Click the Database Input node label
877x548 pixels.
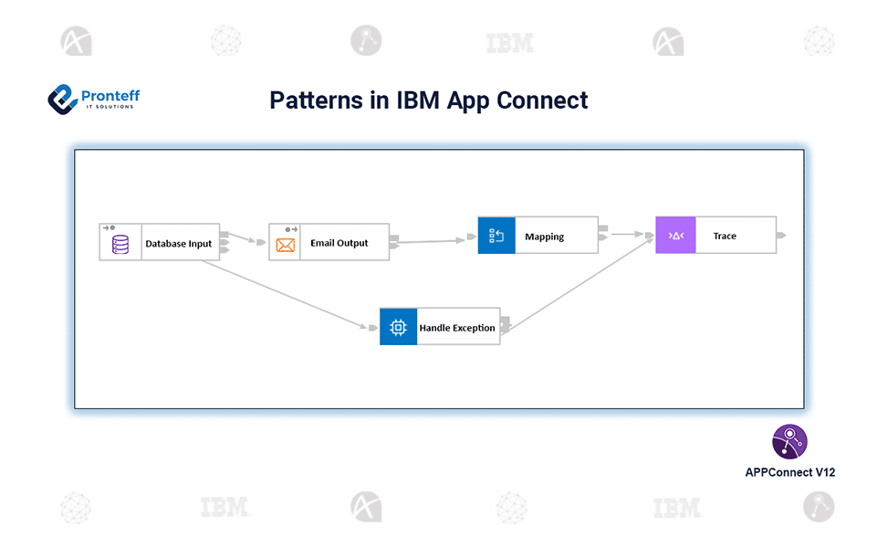point(179,244)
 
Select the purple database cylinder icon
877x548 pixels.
point(120,244)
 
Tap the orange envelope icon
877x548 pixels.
point(286,245)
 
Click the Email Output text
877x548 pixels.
point(339,243)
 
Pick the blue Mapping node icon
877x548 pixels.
point(496,236)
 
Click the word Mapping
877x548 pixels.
point(545,237)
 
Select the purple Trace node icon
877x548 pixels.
point(675,236)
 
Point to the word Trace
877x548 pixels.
point(725,236)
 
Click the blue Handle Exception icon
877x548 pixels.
point(398,327)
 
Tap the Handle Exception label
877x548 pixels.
point(457,327)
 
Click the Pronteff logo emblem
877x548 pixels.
point(62,99)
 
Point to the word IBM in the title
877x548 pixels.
point(418,100)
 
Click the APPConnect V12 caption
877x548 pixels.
point(789,472)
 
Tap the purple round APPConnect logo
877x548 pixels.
point(789,441)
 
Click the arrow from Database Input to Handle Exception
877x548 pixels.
point(283,293)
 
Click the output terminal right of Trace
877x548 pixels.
point(781,236)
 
